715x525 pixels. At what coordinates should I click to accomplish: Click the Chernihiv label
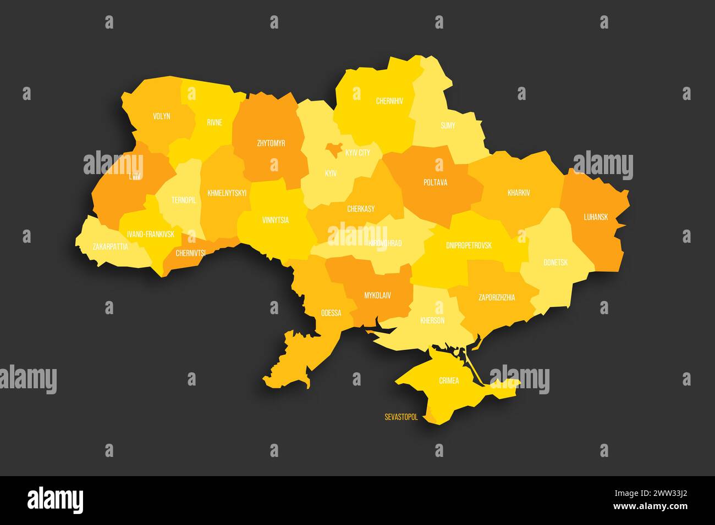389,101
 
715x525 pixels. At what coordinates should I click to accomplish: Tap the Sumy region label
448,126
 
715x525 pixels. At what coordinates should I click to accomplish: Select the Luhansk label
596,217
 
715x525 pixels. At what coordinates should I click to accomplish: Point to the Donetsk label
555,262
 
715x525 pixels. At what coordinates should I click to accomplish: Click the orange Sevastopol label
401,417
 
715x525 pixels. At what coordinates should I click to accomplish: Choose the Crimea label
449,380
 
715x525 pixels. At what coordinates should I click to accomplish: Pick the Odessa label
331,313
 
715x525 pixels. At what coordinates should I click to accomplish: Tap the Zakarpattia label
111,247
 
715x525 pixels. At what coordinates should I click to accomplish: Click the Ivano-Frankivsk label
151,234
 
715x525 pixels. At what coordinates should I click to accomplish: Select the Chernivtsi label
190,253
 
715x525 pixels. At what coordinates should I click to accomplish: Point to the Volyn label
162,116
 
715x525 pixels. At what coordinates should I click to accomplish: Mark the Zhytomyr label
271,143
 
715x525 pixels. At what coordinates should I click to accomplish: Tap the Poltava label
435,182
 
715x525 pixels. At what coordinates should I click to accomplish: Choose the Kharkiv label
519,193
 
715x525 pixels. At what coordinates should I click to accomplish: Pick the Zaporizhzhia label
497,298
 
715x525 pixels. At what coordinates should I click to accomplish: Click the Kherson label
432,320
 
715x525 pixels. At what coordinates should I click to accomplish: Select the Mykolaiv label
377,295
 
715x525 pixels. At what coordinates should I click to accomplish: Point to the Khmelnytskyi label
227,193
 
